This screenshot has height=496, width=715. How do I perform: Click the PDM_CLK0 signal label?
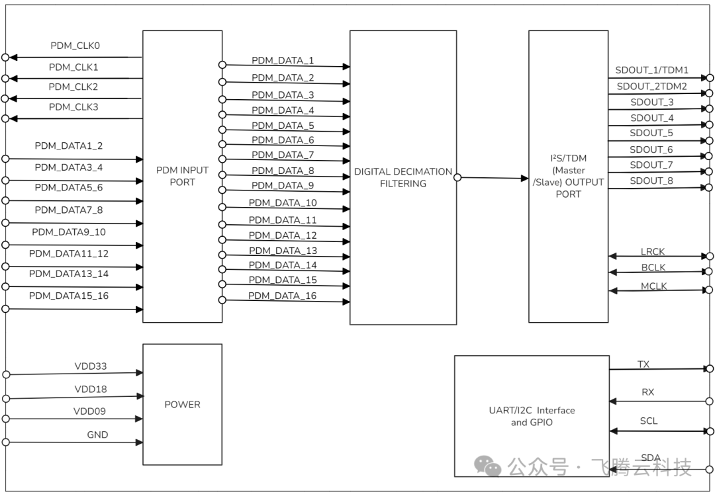click(75, 46)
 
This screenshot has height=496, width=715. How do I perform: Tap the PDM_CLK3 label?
click(73, 106)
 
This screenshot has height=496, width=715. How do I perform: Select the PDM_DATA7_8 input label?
click(69, 210)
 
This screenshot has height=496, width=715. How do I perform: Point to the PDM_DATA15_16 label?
click(69, 296)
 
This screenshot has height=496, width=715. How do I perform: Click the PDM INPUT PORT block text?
click(182, 176)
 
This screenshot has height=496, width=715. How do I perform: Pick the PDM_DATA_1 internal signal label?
click(283, 61)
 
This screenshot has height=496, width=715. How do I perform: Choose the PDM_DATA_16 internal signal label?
click(282, 296)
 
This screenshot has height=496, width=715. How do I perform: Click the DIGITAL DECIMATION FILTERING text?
click(403, 177)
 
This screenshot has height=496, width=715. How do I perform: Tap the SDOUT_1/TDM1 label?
click(652, 70)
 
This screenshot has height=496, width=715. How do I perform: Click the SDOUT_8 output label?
click(651, 181)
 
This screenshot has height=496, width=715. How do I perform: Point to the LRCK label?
click(653, 252)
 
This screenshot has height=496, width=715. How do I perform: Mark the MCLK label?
click(653, 286)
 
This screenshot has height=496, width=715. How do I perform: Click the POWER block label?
click(182, 404)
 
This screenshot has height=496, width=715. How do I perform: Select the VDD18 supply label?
click(90, 390)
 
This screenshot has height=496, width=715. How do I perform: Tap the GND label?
click(97, 434)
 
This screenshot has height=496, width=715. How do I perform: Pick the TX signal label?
click(643, 364)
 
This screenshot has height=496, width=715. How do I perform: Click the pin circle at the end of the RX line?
click(710, 401)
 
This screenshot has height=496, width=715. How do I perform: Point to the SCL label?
click(649, 421)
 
